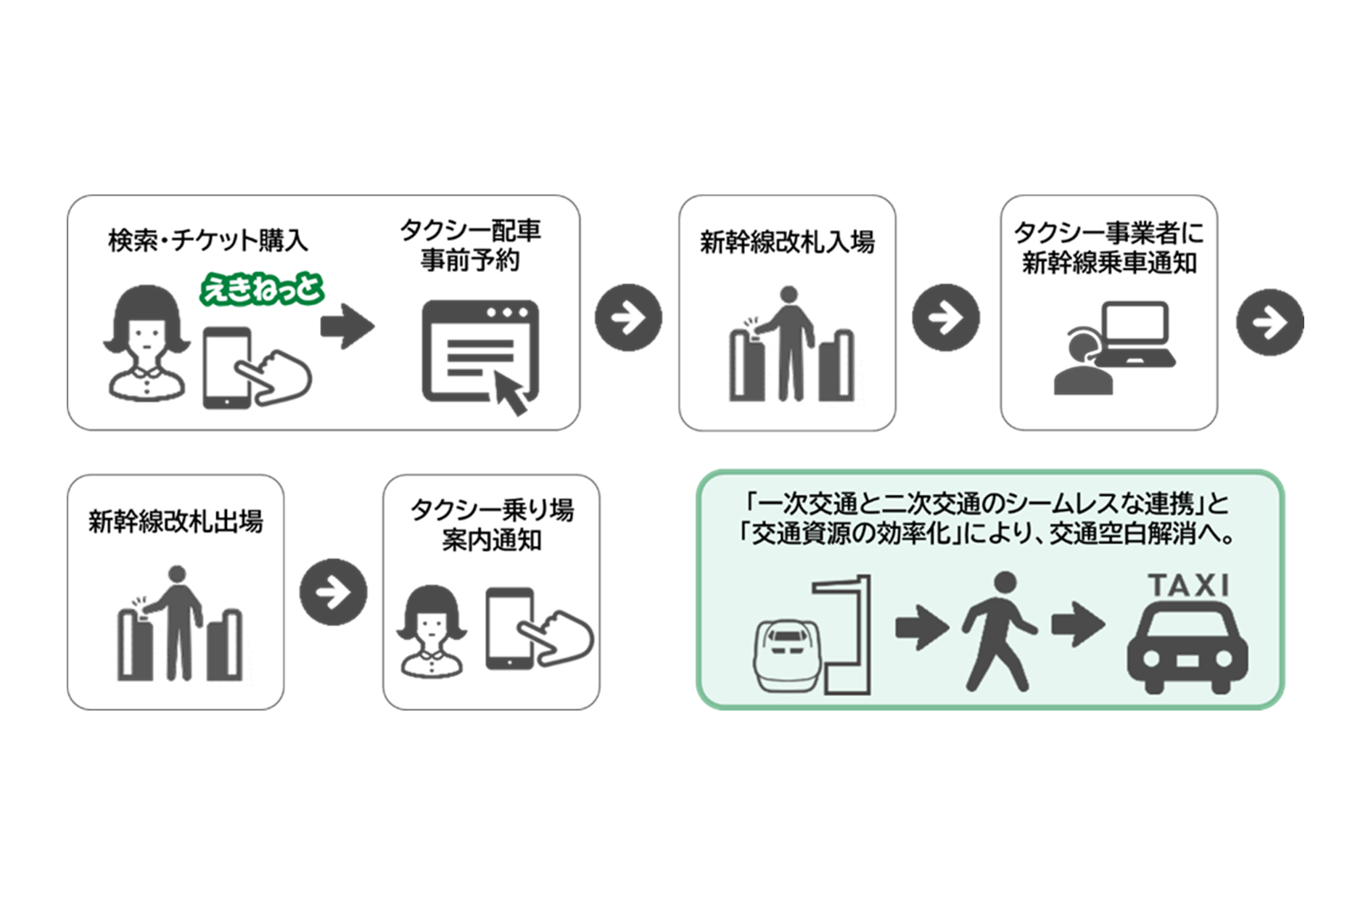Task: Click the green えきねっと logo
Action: click(x=261, y=289)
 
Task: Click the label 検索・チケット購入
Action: click(x=208, y=240)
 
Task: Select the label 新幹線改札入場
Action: click(x=787, y=242)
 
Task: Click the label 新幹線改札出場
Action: click(x=176, y=521)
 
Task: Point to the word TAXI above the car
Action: click(x=1187, y=585)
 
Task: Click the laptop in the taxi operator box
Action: click(x=1135, y=334)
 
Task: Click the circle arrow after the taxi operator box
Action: click(x=1269, y=322)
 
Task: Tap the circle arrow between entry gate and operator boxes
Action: click(x=946, y=318)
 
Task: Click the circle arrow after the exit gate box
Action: click(x=334, y=592)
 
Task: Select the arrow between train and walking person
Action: click(x=922, y=626)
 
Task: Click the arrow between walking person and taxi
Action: click(x=1078, y=624)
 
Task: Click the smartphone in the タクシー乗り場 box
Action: click(x=509, y=628)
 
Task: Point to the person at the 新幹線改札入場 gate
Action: click(x=789, y=341)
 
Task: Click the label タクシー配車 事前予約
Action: click(x=470, y=245)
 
